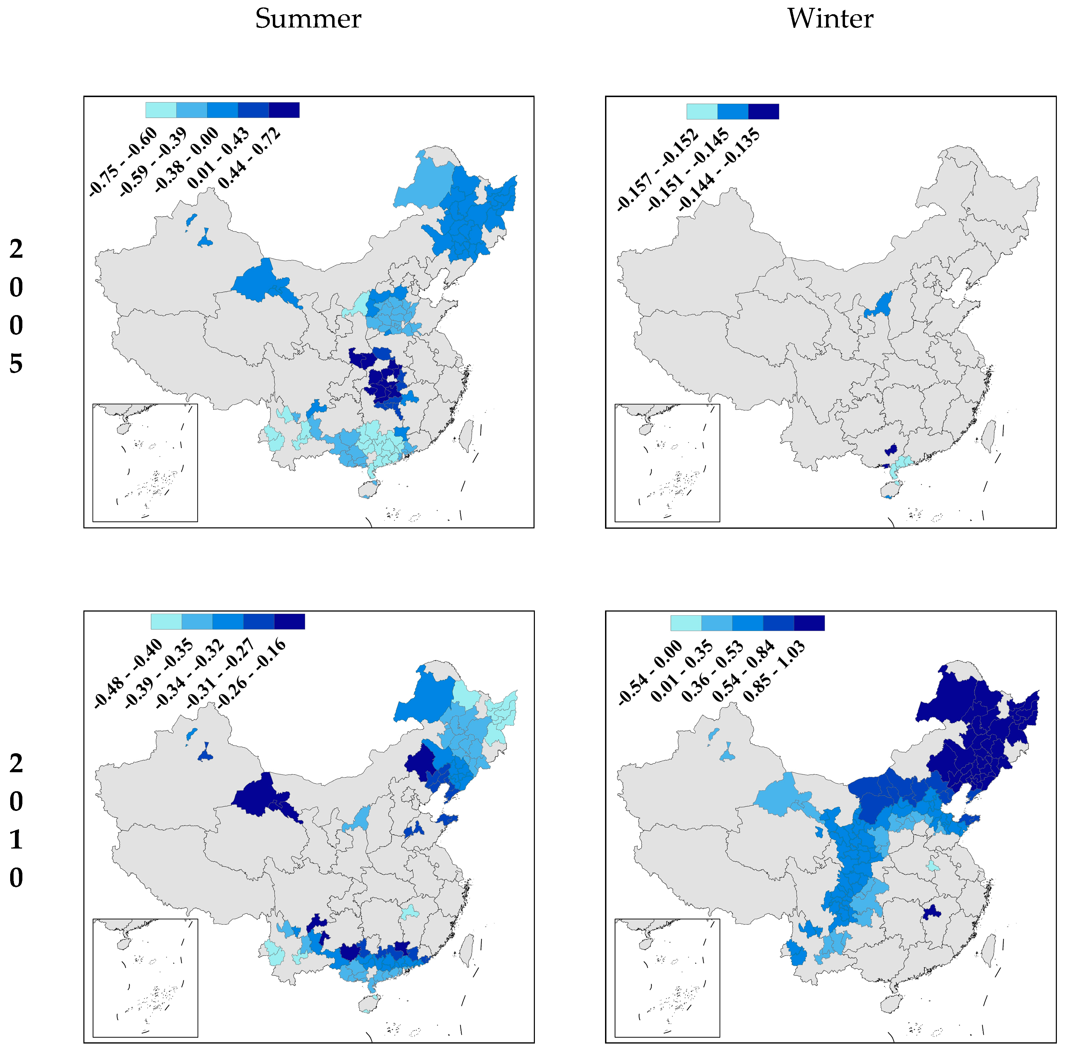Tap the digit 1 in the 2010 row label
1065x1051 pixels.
(x=16, y=839)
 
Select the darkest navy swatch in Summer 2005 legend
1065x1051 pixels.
(x=284, y=110)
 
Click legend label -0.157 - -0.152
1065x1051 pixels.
(x=658, y=169)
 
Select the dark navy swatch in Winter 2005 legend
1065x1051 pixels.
(x=763, y=111)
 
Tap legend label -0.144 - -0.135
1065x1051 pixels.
(x=719, y=169)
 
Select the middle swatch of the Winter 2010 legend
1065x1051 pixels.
(x=747, y=623)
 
